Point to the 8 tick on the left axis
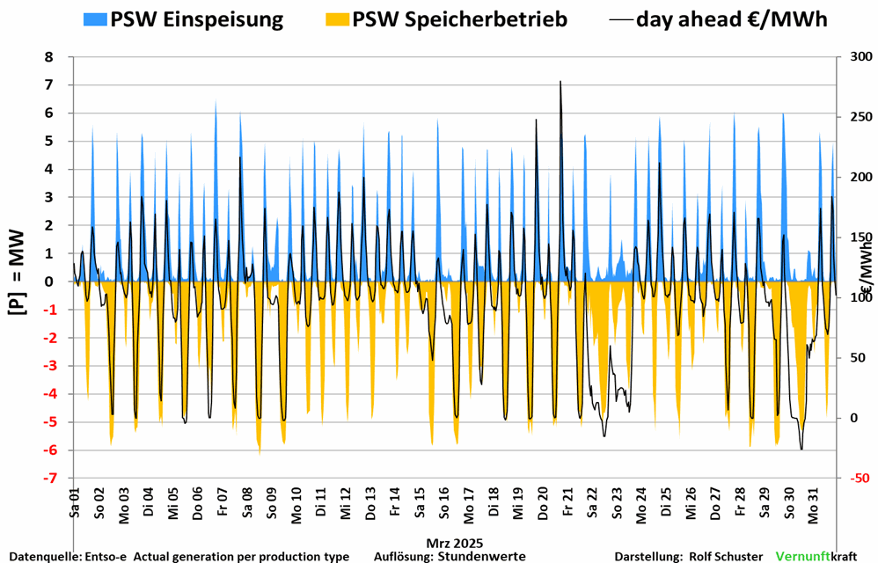point(48,57)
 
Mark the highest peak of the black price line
point(560,81)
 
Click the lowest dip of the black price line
point(801,450)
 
